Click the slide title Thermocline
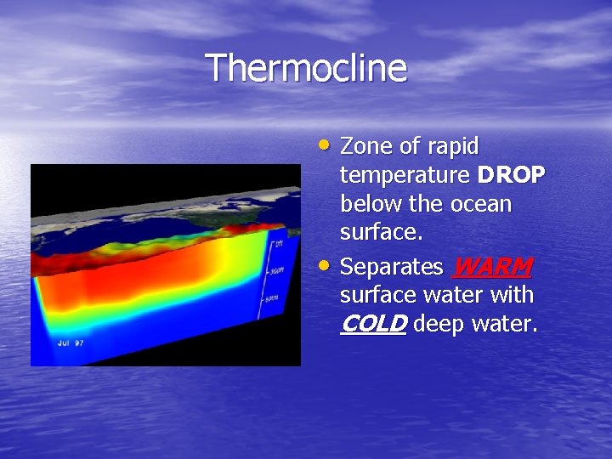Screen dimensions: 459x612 306,68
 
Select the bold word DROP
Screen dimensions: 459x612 512,176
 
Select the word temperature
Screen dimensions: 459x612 405,176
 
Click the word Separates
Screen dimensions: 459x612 391,267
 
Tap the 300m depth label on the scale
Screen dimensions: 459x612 278,271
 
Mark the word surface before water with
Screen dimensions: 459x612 374,296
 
